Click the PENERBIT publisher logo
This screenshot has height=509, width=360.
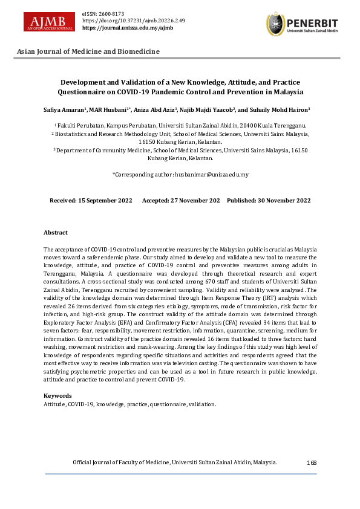click(301, 24)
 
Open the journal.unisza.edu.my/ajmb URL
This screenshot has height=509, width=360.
click(127, 28)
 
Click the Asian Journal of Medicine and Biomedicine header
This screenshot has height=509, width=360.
click(88, 51)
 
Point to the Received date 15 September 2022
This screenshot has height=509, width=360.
click(91, 200)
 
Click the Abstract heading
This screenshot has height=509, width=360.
click(56, 233)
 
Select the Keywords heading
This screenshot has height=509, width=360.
click(57, 395)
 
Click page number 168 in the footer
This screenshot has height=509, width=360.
click(312, 462)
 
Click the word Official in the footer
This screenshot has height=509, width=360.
click(83, 462)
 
